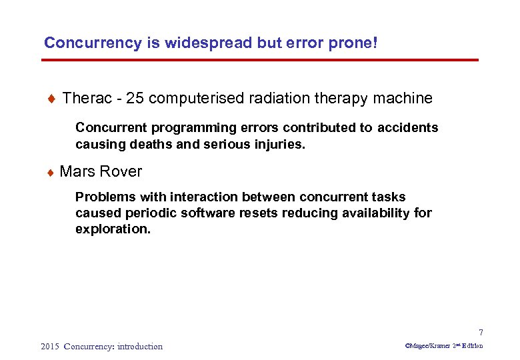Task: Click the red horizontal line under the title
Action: click(260, 60)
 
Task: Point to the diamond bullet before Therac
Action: click(51, 99)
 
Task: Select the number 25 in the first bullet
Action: click(135, 99)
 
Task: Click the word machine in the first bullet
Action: click(403, 99)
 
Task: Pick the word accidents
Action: click(408, 127)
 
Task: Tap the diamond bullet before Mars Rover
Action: click(51, 172)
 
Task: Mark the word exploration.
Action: click(113, 229)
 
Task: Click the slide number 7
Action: click(480, 333)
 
